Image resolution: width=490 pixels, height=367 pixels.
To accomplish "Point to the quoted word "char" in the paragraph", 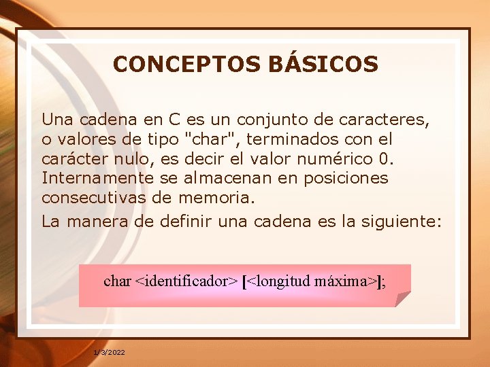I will pos(209,139).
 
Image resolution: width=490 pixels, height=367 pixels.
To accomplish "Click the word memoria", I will pos(216,198).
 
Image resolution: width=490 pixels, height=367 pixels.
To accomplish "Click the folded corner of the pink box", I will pos(403,299).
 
